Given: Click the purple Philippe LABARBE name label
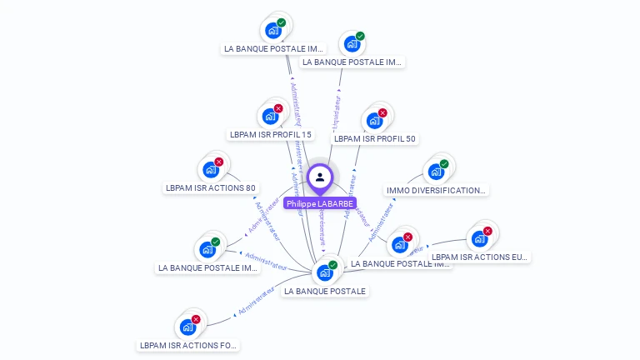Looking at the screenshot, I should point(320,203).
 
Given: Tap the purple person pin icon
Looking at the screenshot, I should point(320,177).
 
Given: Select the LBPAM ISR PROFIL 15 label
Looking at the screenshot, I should point(271,135).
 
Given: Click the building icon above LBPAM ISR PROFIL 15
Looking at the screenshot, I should point(270,116).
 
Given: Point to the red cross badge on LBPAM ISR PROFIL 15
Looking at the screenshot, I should point(278,108).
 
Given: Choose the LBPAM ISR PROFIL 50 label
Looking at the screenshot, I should point(374,139).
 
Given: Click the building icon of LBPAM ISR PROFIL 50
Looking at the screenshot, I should point(374,120).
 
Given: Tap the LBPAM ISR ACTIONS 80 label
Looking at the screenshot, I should point(210,188).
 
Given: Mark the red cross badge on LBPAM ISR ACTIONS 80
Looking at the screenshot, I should point(218,162).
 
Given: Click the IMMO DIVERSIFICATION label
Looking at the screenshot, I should point(435,191).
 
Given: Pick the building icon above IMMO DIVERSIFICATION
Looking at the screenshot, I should point(435,172).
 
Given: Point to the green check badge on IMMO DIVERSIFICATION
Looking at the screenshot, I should point(444,164).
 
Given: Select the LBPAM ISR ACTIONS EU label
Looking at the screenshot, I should point(479,257).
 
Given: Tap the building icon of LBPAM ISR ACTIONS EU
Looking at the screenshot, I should point(479,238).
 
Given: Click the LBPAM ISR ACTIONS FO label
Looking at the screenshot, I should point(188,345).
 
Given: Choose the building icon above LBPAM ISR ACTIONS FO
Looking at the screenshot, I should point(187,327).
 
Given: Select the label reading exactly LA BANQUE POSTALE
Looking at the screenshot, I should point(325,292).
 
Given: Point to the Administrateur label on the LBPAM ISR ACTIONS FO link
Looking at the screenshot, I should point(256,302).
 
